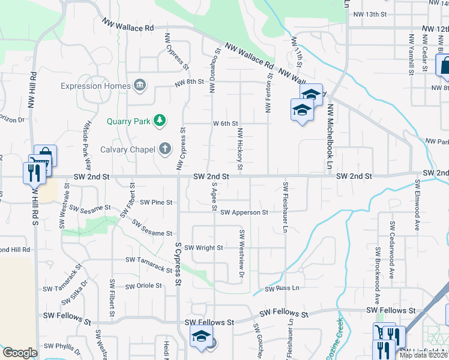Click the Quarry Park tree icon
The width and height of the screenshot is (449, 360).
[160, 121]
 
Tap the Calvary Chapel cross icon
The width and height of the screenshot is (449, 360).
[165, 149]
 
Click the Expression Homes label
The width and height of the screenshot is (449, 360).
[95, 86]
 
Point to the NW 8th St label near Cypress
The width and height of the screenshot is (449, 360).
[189, 83]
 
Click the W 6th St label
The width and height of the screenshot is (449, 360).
[226, 124]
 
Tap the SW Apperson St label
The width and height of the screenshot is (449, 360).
[244, 212]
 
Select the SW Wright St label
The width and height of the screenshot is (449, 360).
[203, 248]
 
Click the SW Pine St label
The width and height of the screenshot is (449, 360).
[156, 202]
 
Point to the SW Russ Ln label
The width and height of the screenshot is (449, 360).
[282, 289]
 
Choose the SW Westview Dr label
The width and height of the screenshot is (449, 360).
[243, 253]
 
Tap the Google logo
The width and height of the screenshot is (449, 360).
[20, 353]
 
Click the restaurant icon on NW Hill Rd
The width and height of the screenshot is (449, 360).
[32, 172]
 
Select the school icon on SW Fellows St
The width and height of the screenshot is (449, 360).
[201, 338]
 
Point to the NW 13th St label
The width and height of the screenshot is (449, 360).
[369, 14]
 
